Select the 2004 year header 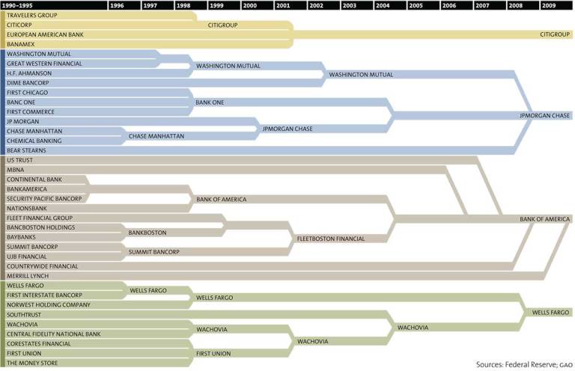coord(383,5)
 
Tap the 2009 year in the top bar coord(550,5)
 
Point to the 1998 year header coord(183,5)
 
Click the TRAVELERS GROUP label coord(32,15)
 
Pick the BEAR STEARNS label coord(26,150)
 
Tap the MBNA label coord(16,170)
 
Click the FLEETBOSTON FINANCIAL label coord(331,239)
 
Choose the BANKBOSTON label coord(147,233)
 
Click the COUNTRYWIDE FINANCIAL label coord(42,266)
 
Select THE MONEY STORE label coord(34,363)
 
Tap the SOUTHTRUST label coord(25,315)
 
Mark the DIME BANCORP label coord(27,83)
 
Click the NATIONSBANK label coord(26,208)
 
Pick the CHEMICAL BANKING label coord(34,141)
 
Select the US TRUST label coord(19,160)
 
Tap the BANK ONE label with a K coord(210,102)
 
